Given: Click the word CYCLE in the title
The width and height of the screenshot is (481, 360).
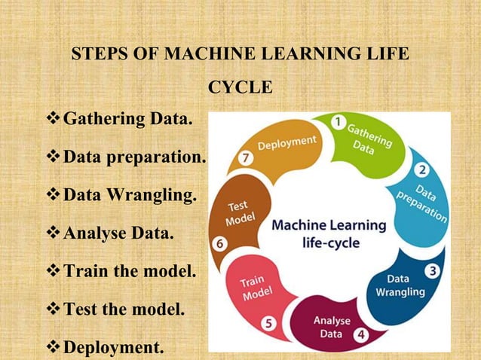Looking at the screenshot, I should point(240,88).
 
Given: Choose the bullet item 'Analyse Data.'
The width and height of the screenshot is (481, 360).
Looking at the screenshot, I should point(118,234).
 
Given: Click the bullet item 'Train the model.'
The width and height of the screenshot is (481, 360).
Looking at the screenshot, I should point(129,272).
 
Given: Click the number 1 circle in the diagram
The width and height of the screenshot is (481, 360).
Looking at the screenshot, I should point(340,121).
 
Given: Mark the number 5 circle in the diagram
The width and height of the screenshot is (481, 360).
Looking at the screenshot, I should point(269,322).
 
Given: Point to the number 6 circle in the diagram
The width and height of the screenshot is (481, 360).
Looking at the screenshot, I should point(220,244).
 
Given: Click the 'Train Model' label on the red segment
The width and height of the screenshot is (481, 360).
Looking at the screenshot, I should point(254,288).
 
